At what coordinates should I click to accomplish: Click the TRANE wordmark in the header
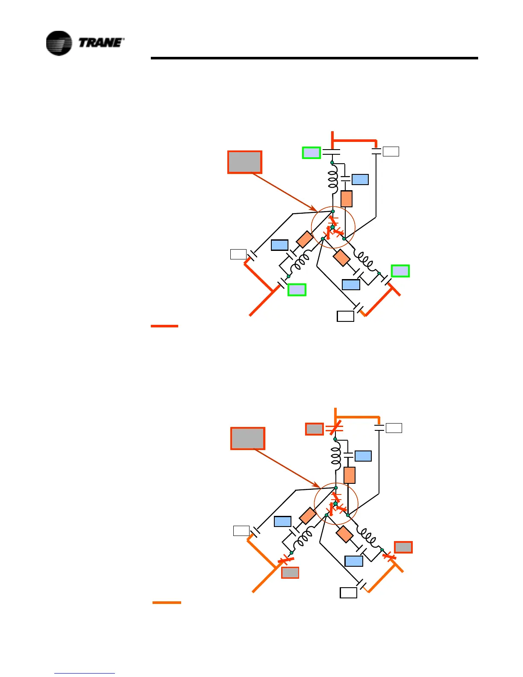101,42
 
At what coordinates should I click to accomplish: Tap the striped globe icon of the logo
59,43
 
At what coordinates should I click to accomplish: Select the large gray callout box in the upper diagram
244,162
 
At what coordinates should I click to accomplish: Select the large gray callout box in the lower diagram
247,438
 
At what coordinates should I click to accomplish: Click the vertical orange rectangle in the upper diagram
347,199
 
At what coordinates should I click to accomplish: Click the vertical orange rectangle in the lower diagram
350,475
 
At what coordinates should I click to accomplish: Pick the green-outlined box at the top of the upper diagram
311,153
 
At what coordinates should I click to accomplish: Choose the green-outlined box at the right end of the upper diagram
400,271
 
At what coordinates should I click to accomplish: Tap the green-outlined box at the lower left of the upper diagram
297,290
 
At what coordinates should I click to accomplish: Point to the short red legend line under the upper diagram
164,326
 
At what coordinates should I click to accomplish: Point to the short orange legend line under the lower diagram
167,603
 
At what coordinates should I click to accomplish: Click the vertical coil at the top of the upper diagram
332,180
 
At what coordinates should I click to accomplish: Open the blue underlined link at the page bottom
85,673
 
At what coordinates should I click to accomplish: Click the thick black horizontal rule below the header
314,58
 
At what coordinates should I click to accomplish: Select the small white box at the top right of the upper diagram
391,151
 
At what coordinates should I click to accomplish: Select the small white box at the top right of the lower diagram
394,428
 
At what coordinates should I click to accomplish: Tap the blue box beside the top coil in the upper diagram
360,180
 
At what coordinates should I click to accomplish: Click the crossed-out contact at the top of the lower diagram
335,427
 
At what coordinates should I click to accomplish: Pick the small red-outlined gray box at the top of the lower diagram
314,429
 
